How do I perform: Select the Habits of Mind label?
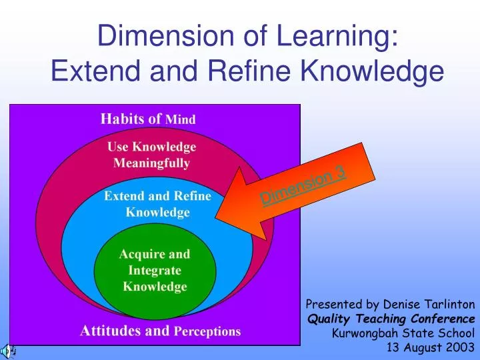[x=147, y=119]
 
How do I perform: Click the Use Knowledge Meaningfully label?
[x=151, y=155]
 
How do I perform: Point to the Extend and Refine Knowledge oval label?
[x=158, y=205]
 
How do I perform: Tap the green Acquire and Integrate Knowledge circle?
[x=155, y=270]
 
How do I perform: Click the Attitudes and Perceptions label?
[x=160, y=331]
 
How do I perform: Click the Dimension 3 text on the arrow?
[x=303, y=185]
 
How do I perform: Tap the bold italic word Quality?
[x=326, y=319]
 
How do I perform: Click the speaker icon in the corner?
[x=9, y=350]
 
